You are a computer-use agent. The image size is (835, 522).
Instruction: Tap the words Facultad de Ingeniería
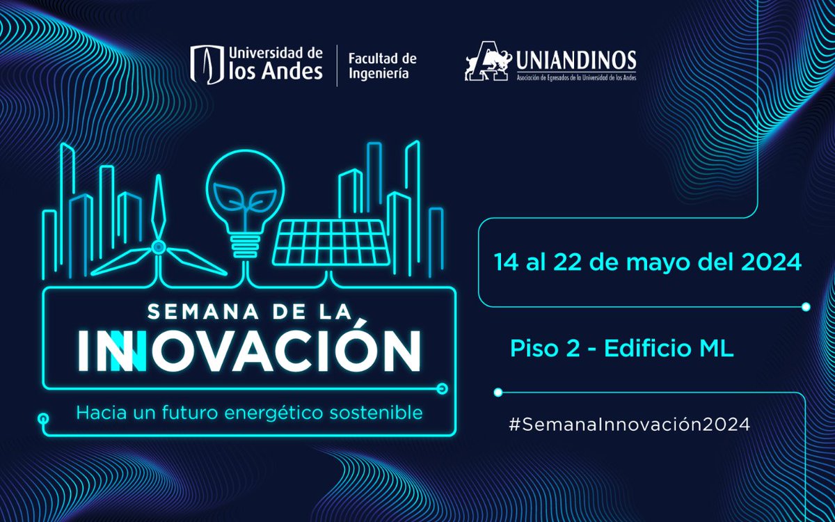[x=378, y=65]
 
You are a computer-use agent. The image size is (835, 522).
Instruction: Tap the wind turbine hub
[x=159, y=246]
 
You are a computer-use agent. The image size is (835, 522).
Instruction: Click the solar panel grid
[x=332, y=242]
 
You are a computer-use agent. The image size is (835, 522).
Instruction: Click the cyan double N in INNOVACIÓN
[x=121, y=351]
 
